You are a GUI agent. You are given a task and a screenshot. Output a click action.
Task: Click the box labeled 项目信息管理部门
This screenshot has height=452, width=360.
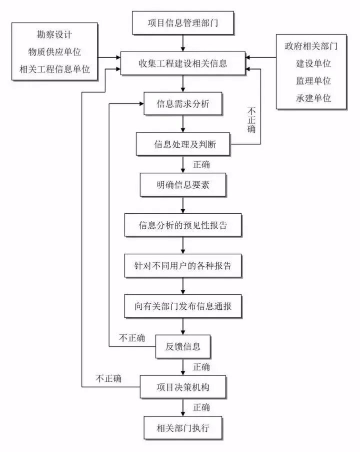182,23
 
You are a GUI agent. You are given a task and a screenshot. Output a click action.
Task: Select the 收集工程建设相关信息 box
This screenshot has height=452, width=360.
182,63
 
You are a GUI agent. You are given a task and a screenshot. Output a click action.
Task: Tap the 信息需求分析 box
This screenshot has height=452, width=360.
183,105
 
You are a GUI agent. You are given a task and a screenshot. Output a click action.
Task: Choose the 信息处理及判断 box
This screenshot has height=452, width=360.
183,145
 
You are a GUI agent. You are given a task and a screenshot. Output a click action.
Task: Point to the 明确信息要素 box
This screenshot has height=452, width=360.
183,185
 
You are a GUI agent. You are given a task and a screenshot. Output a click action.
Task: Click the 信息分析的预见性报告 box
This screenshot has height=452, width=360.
183,225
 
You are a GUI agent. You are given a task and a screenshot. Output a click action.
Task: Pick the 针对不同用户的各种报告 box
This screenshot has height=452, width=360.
183,266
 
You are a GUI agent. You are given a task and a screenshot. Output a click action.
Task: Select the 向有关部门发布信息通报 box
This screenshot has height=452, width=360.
183,306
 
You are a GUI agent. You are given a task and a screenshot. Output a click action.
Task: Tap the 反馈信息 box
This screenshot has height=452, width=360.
183,346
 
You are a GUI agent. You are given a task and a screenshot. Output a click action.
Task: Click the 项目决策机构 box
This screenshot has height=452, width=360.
183,387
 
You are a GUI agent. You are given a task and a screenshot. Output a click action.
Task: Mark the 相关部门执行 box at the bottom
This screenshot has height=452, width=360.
183,428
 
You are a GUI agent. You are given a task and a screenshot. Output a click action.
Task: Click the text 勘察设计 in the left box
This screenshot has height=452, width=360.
54,36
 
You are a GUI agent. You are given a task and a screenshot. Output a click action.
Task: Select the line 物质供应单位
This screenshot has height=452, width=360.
54,52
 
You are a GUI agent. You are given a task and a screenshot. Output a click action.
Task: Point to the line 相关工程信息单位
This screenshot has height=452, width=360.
54,69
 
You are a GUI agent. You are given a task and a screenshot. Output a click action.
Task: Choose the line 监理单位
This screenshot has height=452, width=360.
313,81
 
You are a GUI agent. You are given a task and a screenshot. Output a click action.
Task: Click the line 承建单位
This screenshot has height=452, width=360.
313,98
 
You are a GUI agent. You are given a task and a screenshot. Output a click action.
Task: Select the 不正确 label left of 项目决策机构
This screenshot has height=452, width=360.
108,378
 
